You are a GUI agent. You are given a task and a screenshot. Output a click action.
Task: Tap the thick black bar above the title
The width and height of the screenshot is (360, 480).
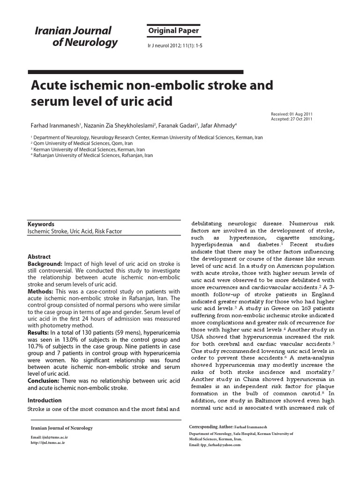(x=135, y=72)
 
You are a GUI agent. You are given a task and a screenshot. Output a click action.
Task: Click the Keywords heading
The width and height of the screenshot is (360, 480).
(x=41, y=225)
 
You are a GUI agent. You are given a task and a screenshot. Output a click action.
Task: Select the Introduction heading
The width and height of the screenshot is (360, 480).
(x=45, y=401)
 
